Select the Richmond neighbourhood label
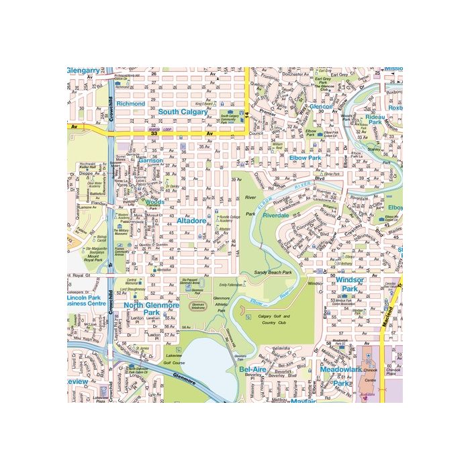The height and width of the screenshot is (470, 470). point(130,104)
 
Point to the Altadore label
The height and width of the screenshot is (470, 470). point(191,220)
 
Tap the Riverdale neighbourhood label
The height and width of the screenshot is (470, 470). point(275,216)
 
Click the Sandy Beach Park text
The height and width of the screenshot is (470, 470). point(272,273)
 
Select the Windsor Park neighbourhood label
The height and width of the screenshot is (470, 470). point(350,283)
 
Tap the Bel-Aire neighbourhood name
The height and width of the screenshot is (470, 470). point(254,369)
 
